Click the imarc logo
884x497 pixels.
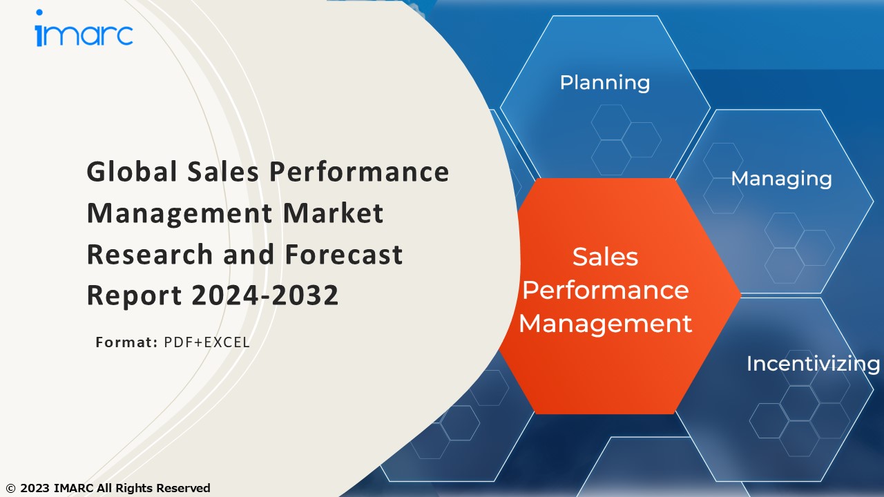tap(84, 33)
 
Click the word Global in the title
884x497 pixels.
tap(132, 172)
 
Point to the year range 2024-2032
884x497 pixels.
tap(265, 295)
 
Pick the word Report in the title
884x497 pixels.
tap(134, 295)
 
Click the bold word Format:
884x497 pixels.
tap(126, 342)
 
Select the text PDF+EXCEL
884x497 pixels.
tap(206, 342)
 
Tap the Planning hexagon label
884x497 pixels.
tap(604, 83)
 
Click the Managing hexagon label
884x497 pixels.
tap(781, 179)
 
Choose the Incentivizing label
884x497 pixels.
tap(813, 364)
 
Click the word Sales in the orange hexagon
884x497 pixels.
tap(605, 257)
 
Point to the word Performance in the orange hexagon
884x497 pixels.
tap(605, 290)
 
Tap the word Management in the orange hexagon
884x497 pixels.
tap(605, 323)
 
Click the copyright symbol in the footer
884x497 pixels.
tap(10, 488)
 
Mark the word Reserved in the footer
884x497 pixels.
tap(183, 488)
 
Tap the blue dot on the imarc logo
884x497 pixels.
tap(39, 13)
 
